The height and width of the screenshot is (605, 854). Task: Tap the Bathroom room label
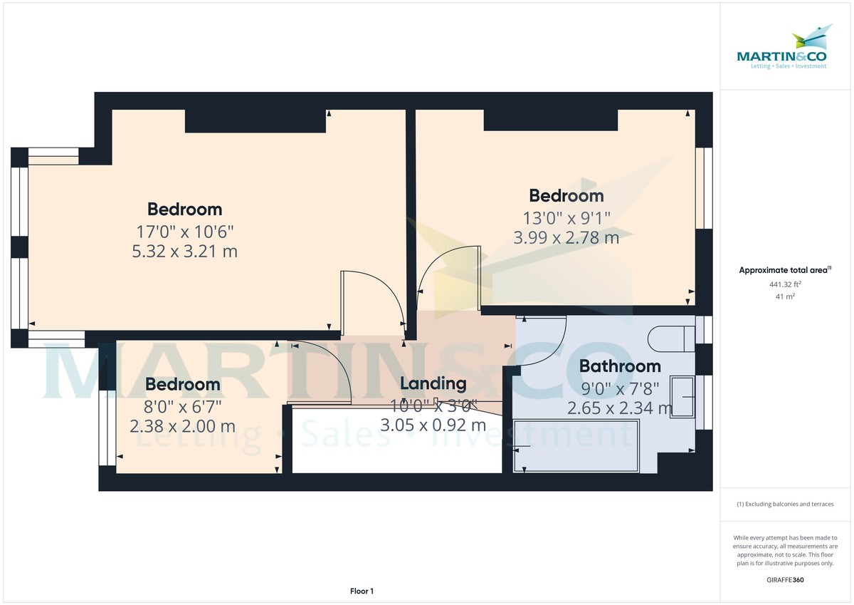(x=620, y=366)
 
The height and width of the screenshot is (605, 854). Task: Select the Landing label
(x=433, y=383)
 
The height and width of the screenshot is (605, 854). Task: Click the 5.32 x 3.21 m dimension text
(x=185, y=251)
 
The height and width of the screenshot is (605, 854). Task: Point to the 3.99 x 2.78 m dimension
(x=566, y=237)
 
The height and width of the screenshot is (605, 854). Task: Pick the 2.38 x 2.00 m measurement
(x=182, y=426)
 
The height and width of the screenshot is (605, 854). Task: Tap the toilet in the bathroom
(x=673, y=337)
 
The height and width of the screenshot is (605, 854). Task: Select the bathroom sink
(x=682, y=397)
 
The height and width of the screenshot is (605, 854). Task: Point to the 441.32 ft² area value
(x=785, y=284)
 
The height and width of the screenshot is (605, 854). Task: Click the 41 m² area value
(x=785, y=296)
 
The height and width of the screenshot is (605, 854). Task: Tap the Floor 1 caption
(x=362, y=591)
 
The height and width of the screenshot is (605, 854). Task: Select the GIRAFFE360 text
(x=785, y=580)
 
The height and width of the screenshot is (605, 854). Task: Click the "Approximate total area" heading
(x=785, y=270)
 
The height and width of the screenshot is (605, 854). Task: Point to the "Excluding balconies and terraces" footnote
(x=785, y=504)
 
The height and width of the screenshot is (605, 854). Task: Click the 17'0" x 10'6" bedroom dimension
(x=185, y=231)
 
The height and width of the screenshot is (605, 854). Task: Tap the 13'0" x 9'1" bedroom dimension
(x=566, y=217)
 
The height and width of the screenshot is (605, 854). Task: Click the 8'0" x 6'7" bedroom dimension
(x=183, y=406)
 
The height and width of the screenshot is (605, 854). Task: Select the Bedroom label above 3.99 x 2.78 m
(x=566, y=195)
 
